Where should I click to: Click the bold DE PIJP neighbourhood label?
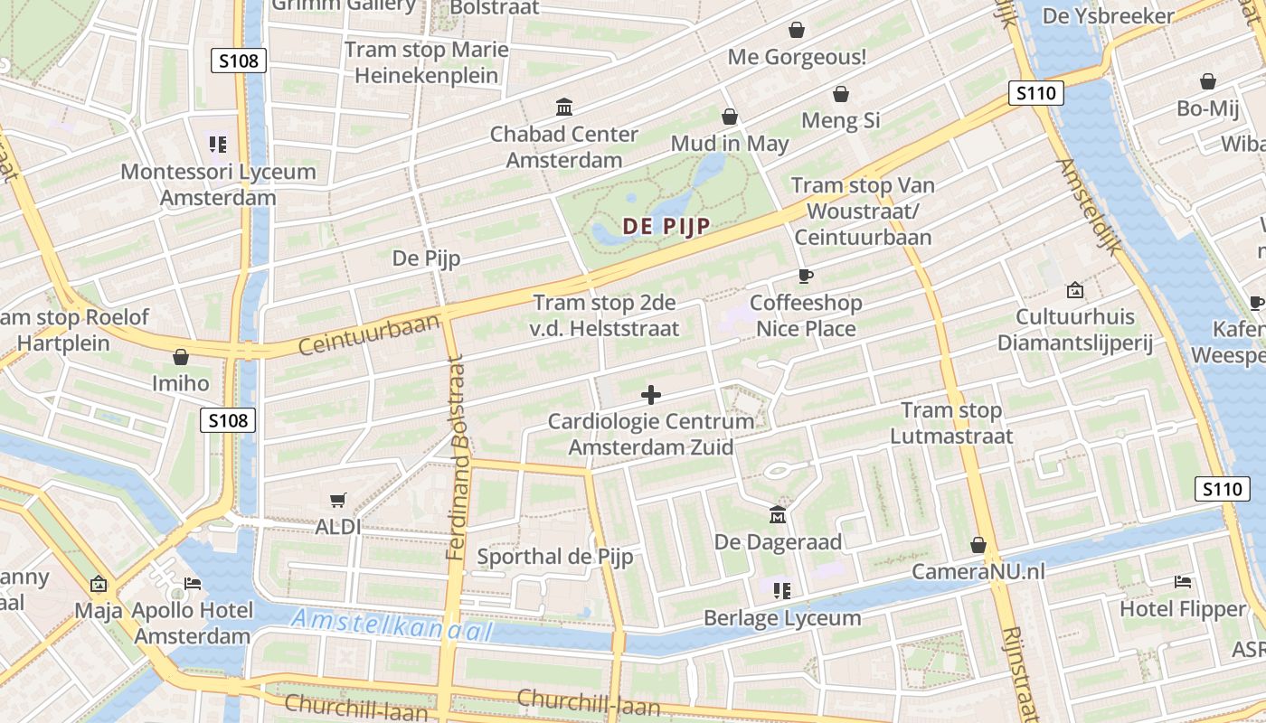[665, 226]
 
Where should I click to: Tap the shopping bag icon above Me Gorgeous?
[797, 31]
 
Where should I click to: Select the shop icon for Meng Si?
[841, 94]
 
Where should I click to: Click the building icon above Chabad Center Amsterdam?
[564, 108]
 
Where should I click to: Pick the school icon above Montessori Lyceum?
[217, 145]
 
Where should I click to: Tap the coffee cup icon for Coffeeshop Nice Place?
[805, 276]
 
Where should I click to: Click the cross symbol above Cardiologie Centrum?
[650, 395]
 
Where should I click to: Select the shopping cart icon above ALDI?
[338, 500]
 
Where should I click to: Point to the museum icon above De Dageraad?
[778, 515]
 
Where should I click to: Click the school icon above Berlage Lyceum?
[782, 591]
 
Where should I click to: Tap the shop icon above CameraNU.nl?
[978, 545]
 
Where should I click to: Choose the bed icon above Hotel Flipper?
[1182, 582]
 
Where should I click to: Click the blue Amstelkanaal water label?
[392, 624]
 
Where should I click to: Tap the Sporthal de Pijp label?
[554, 557]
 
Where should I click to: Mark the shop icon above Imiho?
[181, 357]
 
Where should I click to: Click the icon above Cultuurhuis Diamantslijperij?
[1074, 290]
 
